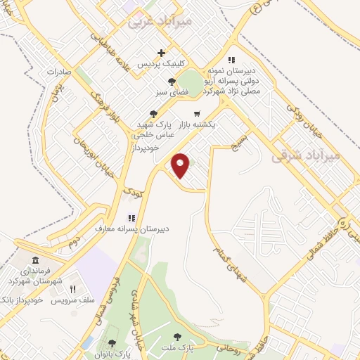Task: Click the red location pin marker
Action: [181, 164]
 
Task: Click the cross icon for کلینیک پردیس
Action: [162, 53]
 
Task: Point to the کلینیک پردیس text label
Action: [162, 65]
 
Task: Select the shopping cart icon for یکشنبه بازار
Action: [197, 112]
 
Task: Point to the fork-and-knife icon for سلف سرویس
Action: [72, 288]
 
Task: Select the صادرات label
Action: [60, 72]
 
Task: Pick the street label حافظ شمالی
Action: [316, 246]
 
